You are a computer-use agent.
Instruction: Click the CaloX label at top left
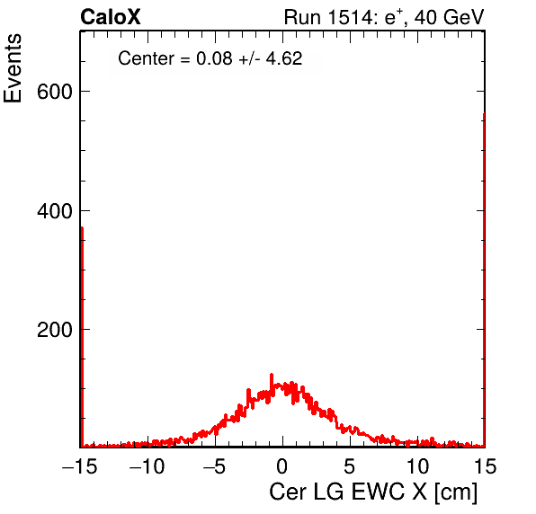pyautogui.click(x=111, y=17)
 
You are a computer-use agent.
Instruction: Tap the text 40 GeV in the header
pyautogui.click(x=449, y=17)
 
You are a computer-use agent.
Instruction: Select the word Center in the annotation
pyautogui.click(x=146, y=58)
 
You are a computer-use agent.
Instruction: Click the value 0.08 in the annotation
pyautogui.click(x=214, y=58)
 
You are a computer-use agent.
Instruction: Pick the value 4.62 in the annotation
pyautogui.click(x=284, y=58)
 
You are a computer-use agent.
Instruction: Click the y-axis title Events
pyautogui.click(x=13, y=68)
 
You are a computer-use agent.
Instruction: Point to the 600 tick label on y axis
pyautogui.click(x=55, y=92)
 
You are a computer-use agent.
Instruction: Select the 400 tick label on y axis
pyautogui.click(x=55, y=211)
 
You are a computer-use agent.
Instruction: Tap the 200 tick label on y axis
pyautogui.click(x=55, y=330)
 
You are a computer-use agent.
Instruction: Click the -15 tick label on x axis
pyautogui.click(x=80, y=466)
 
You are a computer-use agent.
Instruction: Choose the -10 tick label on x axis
pyautogui.click(x=147, y=466)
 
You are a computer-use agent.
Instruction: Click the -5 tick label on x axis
pyautogui.click(x=214, y=466)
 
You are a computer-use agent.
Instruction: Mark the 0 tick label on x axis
pyautogui.click(x=282, y=466)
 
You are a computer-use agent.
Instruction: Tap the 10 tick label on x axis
pyautogui.click(x=417, y=466)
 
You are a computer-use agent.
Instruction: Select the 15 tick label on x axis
pyautogui.click(x=485, y=466)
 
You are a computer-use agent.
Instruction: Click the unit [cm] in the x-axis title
pyautogui.click(x=456, y=492)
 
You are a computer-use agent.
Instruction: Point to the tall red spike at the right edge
pyautogui.click(x=484, y=279)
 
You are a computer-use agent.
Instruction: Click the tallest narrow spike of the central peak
pyautogui.click(x=272, y=383)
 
